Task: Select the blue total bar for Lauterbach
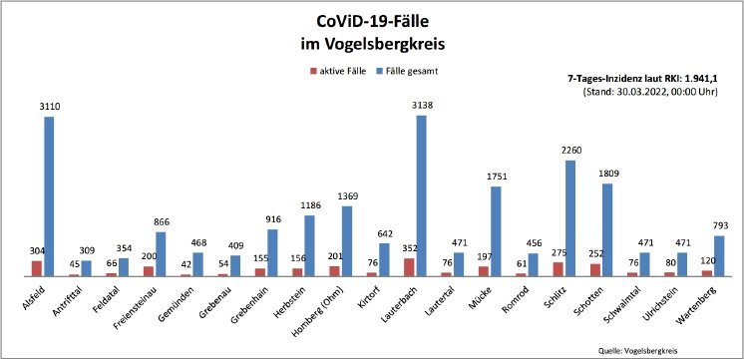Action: point(421,195)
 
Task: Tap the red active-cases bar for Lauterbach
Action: point(409,267)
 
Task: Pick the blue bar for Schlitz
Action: point(569,218)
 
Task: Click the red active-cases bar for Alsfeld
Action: point(37,268)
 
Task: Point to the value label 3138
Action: point(421,105)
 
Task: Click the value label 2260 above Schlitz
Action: point(569,151)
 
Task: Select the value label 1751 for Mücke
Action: point(496,177)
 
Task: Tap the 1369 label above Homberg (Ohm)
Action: point(346,196)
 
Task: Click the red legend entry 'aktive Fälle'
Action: point(341,73)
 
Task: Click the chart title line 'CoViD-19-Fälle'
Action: point(372,21)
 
